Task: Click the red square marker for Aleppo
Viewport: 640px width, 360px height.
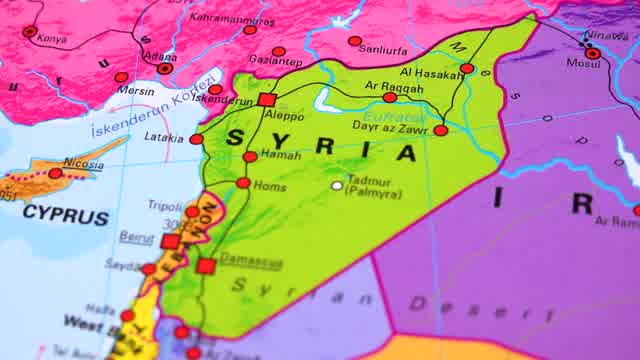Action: point(266,100)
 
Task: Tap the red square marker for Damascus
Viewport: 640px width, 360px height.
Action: point(205,266)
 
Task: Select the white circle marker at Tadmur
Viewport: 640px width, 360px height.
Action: point(338,185)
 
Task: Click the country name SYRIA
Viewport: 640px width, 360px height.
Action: point(321,145)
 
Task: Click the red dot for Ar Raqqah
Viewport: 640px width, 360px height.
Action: point(389,97)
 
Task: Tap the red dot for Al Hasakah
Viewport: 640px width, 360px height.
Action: point(467,68)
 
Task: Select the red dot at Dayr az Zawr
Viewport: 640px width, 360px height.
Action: point(440,130)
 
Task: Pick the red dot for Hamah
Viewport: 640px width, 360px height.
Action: point(250,157)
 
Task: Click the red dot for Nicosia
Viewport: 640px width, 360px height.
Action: point(55,173)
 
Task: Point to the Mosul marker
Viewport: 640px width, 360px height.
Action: point(593,53)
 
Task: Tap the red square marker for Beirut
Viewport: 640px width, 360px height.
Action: point(171,241)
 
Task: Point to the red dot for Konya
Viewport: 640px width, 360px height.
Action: point(29,32)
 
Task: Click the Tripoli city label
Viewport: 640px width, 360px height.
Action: point(167,206)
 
